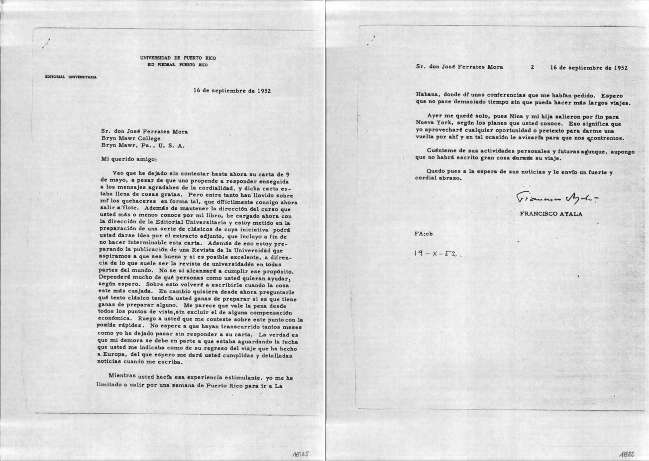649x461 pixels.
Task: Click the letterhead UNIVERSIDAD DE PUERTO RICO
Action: point(178,58)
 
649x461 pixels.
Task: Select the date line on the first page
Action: point(232,91)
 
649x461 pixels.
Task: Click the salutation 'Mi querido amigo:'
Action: point(128,159)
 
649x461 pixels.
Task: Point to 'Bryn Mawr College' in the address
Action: point(130,139)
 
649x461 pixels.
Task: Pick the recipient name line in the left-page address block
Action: point(144,132)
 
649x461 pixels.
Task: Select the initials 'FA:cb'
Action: point(423,233)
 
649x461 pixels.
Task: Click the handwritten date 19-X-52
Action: point(437,253)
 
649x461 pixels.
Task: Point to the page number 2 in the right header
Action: point(532,67)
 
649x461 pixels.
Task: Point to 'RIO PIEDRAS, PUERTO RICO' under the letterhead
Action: point(178,65)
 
